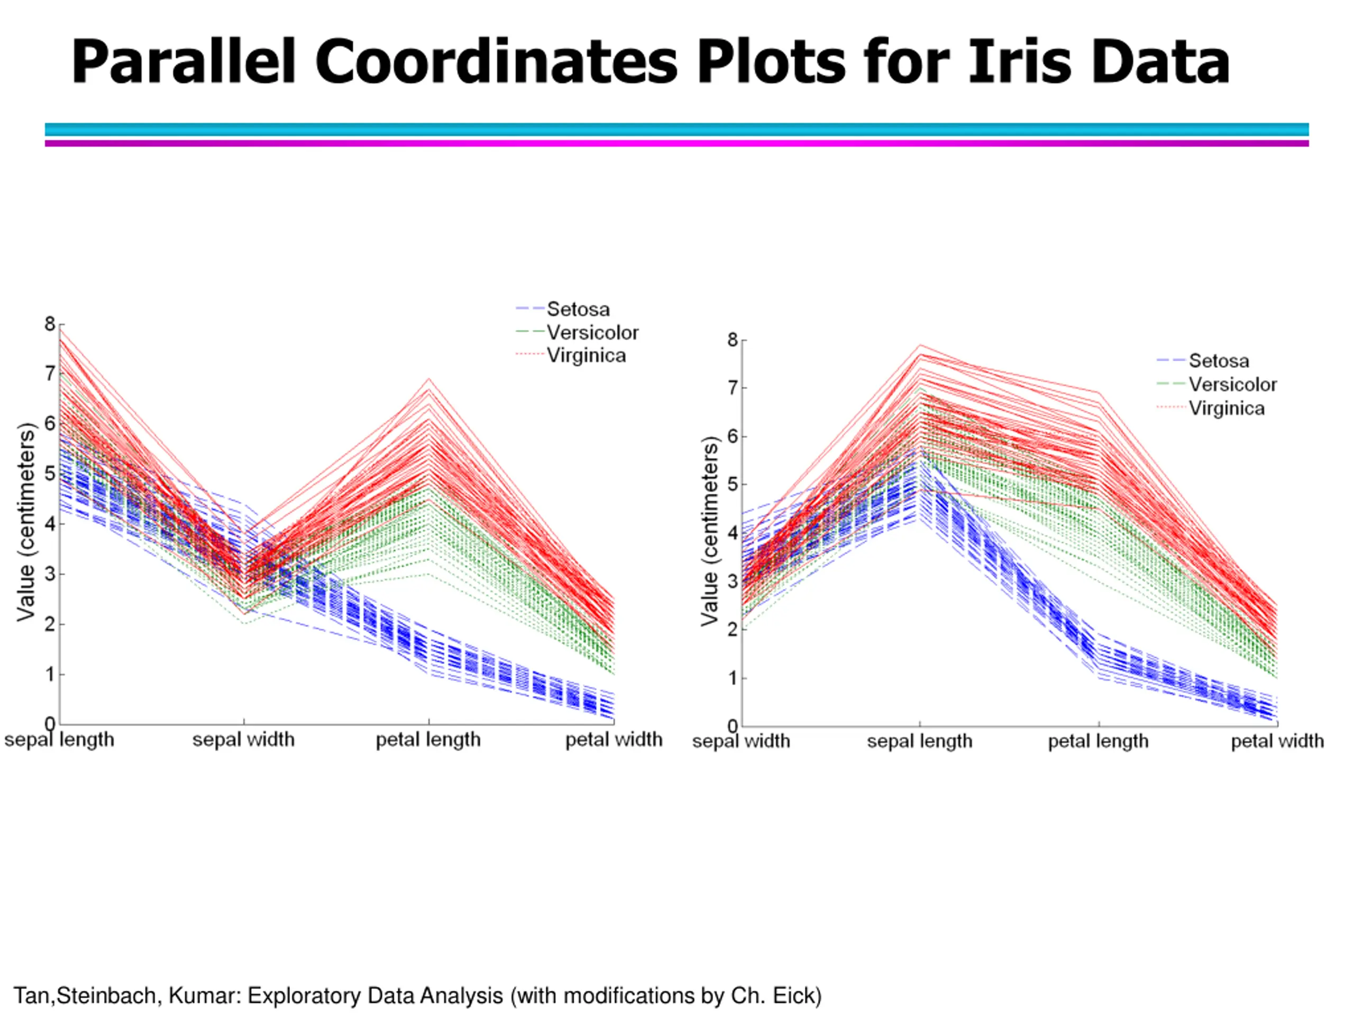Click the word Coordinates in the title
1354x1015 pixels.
(496, 62)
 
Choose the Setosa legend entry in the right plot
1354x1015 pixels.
(1218, 361)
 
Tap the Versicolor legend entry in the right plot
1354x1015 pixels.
(1232, 384)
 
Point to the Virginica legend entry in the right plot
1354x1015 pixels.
(1226, 408)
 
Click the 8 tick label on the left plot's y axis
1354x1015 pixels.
(50, 324)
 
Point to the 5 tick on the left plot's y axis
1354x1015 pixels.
(50, 474)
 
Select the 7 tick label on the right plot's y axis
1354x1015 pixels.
(733, 388)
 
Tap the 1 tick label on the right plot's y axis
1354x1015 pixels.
(733, 678)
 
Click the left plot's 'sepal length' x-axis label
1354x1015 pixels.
(59, 740)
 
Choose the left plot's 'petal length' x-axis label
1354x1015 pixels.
(428, 740)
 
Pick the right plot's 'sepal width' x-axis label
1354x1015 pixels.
(740, 741)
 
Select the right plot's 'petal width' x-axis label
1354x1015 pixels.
(1277, 741)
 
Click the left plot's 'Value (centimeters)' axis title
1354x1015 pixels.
(26, 522)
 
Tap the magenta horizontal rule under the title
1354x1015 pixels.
(677, 143)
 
